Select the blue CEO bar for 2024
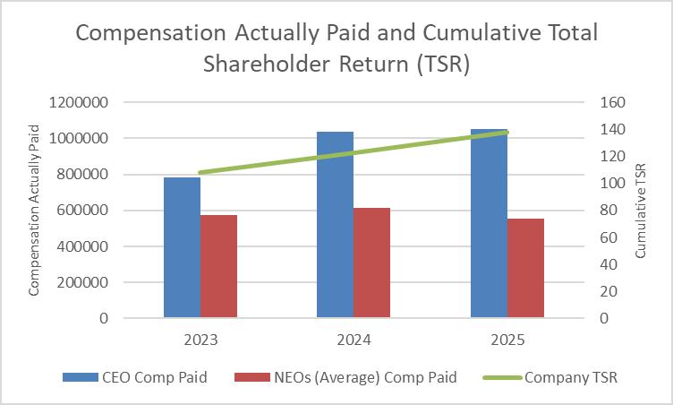[x=336, y=224]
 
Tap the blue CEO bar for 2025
[x=490, y=223]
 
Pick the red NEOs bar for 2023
[x=218, y=266]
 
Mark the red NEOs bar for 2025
[x=526, y=268]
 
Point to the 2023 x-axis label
[x=200, y=340]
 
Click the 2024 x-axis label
[x=354, y=340]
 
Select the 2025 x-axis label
[x=507, y=340]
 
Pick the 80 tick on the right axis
[x=608, y=211]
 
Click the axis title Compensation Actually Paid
[x=36, y=211]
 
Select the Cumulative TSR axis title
[x=640, y=211]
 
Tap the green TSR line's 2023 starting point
[x=200, y=172]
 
